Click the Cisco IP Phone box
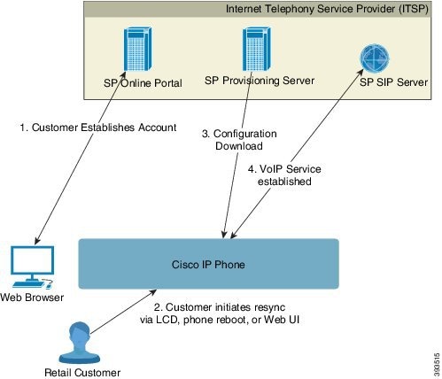[x=209, y=262]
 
